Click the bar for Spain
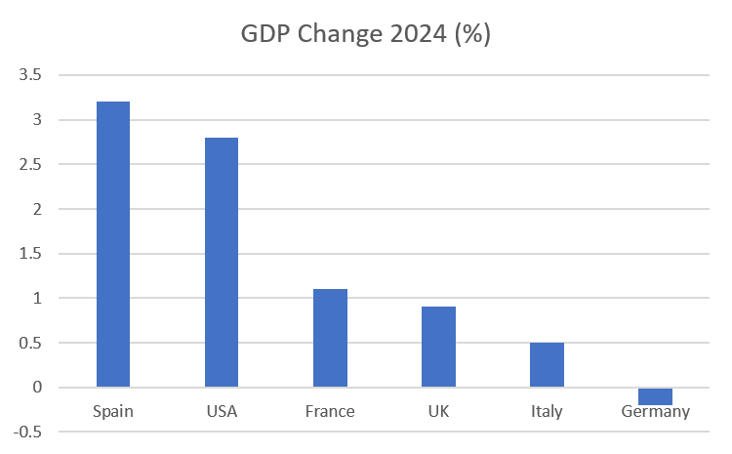pos(113,244)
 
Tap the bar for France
pos(330,338)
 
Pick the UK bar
pos(438,347)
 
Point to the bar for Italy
pos(547,364)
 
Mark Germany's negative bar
pos(655,396)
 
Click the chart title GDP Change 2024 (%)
pos(366,34)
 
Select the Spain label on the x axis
pos(113,411)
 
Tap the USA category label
pos(222,411)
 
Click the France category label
pos(330,411)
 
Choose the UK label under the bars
pos(438,411)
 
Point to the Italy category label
pos(547,411)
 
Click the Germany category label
pos(655,411)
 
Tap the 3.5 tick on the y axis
pos(30,75)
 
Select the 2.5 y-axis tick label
pos(30,164)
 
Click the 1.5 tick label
pos(30,254)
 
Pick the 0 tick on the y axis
pos(37,388)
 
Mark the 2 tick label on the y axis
pos(37,209)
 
